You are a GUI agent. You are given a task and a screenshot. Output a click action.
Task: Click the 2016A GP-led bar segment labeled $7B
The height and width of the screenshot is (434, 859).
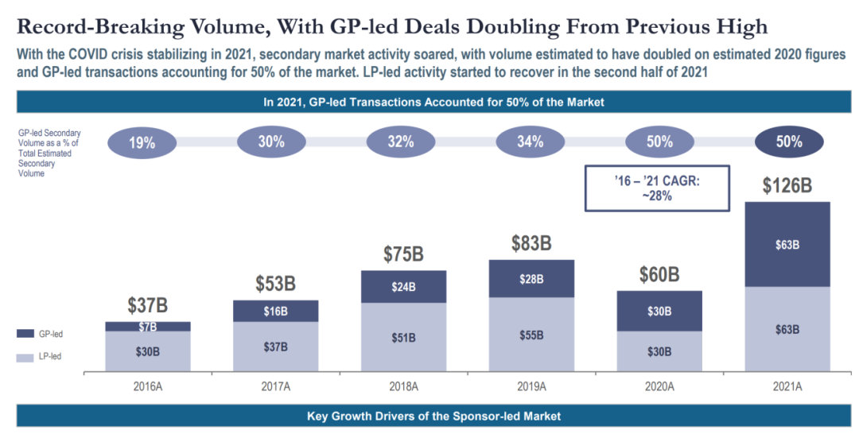[x=148, y=326]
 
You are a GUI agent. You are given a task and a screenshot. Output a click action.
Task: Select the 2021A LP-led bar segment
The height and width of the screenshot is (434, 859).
[x=787, y=328]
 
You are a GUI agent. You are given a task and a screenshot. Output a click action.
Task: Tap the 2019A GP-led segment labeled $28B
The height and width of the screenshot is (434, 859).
[x=531, y=279]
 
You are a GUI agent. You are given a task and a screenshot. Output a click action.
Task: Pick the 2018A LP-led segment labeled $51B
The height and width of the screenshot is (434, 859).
[x=403, y=337]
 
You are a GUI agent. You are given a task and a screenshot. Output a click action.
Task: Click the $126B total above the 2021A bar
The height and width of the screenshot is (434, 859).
[x=787, y=186]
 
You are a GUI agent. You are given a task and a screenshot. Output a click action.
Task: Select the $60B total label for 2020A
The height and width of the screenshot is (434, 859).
[x=659, y=275]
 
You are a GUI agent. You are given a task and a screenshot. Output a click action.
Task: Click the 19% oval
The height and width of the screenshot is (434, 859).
[x=142, y=142]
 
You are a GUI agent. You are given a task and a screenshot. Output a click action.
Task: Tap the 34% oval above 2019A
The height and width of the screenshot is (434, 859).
[x=531, y=142]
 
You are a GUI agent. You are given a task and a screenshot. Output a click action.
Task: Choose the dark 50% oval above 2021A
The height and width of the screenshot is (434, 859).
[x=789, y=142]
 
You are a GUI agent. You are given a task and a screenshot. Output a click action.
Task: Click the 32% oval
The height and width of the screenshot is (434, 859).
[x=401, y=142]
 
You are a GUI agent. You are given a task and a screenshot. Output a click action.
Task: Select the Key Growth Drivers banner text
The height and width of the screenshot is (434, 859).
[x=433, y=416]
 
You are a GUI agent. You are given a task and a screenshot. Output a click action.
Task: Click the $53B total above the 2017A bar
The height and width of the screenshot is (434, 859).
[x=275, y=285]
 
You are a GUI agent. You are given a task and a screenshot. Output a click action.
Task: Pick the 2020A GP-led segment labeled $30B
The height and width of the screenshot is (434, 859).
[x=659, y=312]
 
